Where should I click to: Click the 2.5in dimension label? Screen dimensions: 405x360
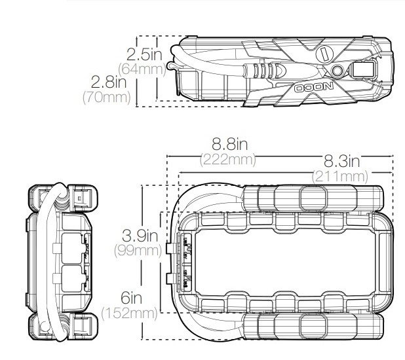[x=144, y=54]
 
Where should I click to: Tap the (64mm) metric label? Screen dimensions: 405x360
[x=142, y=69]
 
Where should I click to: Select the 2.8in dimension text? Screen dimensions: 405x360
[x=109, y=82]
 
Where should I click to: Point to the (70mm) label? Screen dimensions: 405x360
[x=107, y=98]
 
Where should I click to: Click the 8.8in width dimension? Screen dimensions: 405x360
[x=229, y=144]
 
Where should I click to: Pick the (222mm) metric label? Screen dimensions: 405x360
[x=228, y=159]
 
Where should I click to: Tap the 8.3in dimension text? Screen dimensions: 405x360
[x=341, y=161]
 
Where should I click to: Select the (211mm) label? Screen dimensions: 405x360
[x=340, y=177]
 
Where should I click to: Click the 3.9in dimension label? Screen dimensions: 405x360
[x=140, y=236]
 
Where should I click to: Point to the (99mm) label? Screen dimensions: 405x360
[x=138, y=251]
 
